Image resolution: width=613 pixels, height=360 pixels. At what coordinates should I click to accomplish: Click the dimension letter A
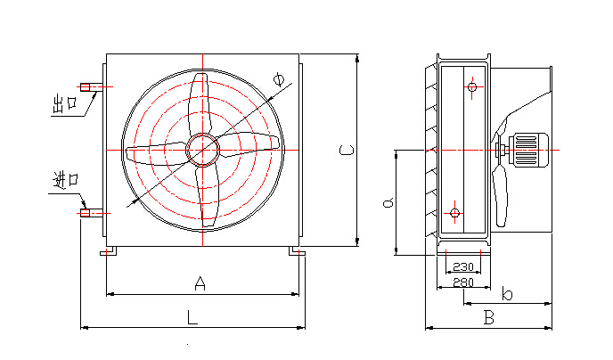point(200,283)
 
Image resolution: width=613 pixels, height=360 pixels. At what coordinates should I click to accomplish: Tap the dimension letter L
point(192,317)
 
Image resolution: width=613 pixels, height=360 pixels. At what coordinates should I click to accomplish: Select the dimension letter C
point(347,150)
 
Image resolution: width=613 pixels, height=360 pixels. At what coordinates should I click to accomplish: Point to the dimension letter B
point(488,318)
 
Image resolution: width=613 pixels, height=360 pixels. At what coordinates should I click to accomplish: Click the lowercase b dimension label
point(507,293)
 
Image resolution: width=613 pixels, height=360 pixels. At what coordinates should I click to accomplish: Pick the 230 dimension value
point(463,267)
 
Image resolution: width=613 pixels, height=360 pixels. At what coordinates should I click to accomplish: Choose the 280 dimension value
point(463,282)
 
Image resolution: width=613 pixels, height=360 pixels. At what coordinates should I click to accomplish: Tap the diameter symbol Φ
point(279,78)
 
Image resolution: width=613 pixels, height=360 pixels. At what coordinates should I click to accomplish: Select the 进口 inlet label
point(66,181)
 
